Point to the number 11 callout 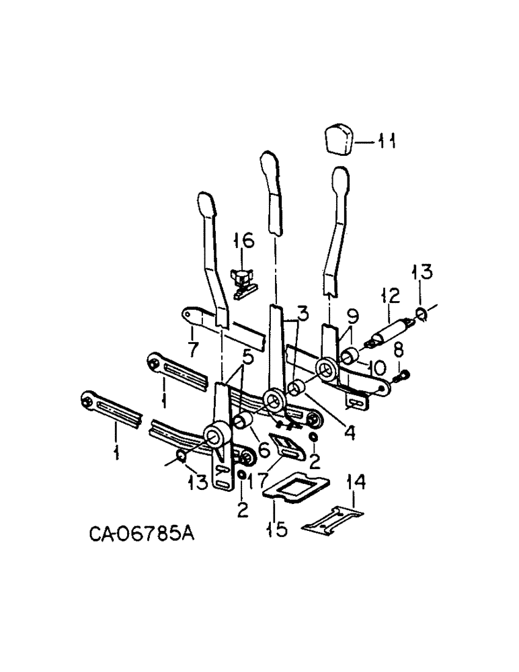pos(385,142)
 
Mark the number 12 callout pos(390,296)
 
